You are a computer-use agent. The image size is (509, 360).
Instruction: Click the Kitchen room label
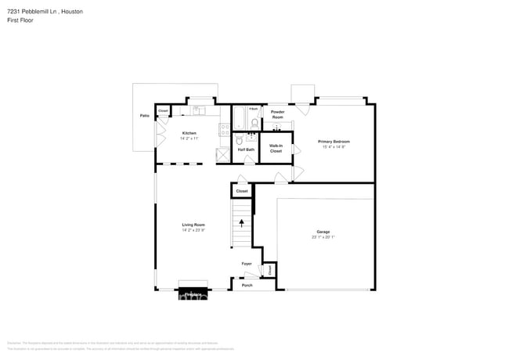tap(190, 133)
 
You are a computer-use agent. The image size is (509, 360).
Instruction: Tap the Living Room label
tap(193, 225)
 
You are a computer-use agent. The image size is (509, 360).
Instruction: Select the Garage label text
tap(323, 232)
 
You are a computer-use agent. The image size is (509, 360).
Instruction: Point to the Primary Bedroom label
tap(335, 142)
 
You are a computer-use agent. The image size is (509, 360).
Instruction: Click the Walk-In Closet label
tap(276, 148)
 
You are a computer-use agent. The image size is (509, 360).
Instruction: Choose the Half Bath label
tap(246, 149)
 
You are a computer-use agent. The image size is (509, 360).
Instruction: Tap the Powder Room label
tap(277, 114)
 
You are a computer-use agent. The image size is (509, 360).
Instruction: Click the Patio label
tap(145, 116)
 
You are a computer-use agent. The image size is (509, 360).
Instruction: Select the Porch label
tap(247, 285)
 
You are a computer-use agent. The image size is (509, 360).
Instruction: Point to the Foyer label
tap(246, 264)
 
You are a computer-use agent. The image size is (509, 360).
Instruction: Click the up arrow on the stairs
tap(242, 222)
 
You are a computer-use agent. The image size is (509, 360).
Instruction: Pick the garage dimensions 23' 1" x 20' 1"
tap(323, 236)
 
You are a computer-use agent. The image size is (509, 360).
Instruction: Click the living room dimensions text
tap(193, 230)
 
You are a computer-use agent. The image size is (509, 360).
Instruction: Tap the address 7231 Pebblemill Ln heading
tap(46, 13)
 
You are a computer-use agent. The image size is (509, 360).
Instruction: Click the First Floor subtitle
tap(22, 20)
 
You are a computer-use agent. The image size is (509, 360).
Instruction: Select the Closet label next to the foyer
tap(269, 269)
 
